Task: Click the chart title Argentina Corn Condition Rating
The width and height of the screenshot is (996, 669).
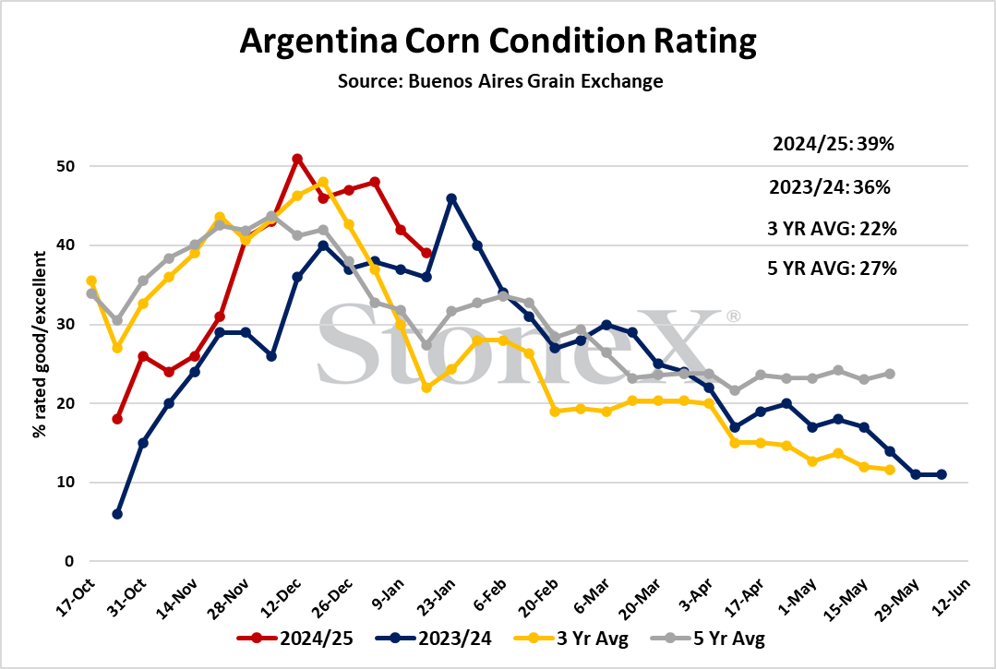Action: point(498,42)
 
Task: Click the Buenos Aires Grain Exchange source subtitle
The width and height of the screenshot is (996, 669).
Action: point(500,81)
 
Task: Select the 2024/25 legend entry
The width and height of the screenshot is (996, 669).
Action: point(295,638)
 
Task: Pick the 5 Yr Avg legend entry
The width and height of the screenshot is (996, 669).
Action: point(708,638)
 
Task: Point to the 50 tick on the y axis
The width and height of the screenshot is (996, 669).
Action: point(66,166)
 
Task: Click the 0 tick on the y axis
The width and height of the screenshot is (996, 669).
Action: point(69,561)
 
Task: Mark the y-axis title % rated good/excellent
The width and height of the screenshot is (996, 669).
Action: point(40,344)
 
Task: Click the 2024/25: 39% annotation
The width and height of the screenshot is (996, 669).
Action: point(834,144)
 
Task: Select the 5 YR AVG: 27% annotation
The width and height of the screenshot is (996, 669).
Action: point(832,269)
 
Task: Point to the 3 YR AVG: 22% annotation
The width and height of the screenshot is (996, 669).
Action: point(832,229)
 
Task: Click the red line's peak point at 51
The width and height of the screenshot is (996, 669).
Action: point(297,159)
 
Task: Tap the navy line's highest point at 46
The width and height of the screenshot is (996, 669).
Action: point(451,198)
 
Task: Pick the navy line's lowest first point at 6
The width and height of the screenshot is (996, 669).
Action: point(117,514)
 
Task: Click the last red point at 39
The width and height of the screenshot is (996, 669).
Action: point(426,253)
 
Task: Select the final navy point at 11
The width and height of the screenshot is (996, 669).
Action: point(942,475)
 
